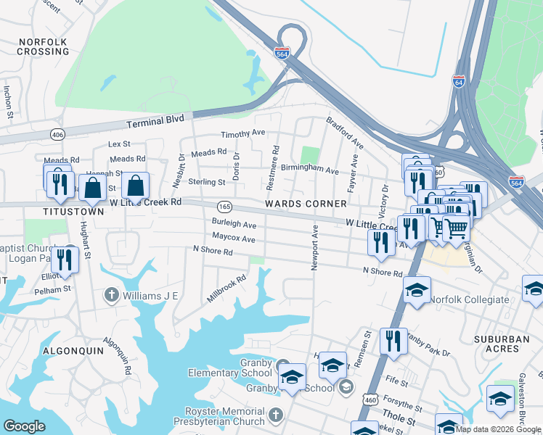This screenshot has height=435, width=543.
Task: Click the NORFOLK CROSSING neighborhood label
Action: [x=44, y=47]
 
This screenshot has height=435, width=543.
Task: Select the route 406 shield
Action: [x=58, y=134]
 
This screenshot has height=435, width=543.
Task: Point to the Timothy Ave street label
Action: [x=243, y=133]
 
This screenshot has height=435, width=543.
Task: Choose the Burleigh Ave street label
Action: [x=234, y=224]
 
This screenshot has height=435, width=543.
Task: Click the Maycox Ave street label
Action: [x=234, y=238]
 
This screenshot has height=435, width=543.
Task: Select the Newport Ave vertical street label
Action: [x=315, y=248]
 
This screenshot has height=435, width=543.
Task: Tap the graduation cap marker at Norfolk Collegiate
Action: [x=417, y=290]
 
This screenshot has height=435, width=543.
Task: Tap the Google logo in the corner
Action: [x=24, y=426]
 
